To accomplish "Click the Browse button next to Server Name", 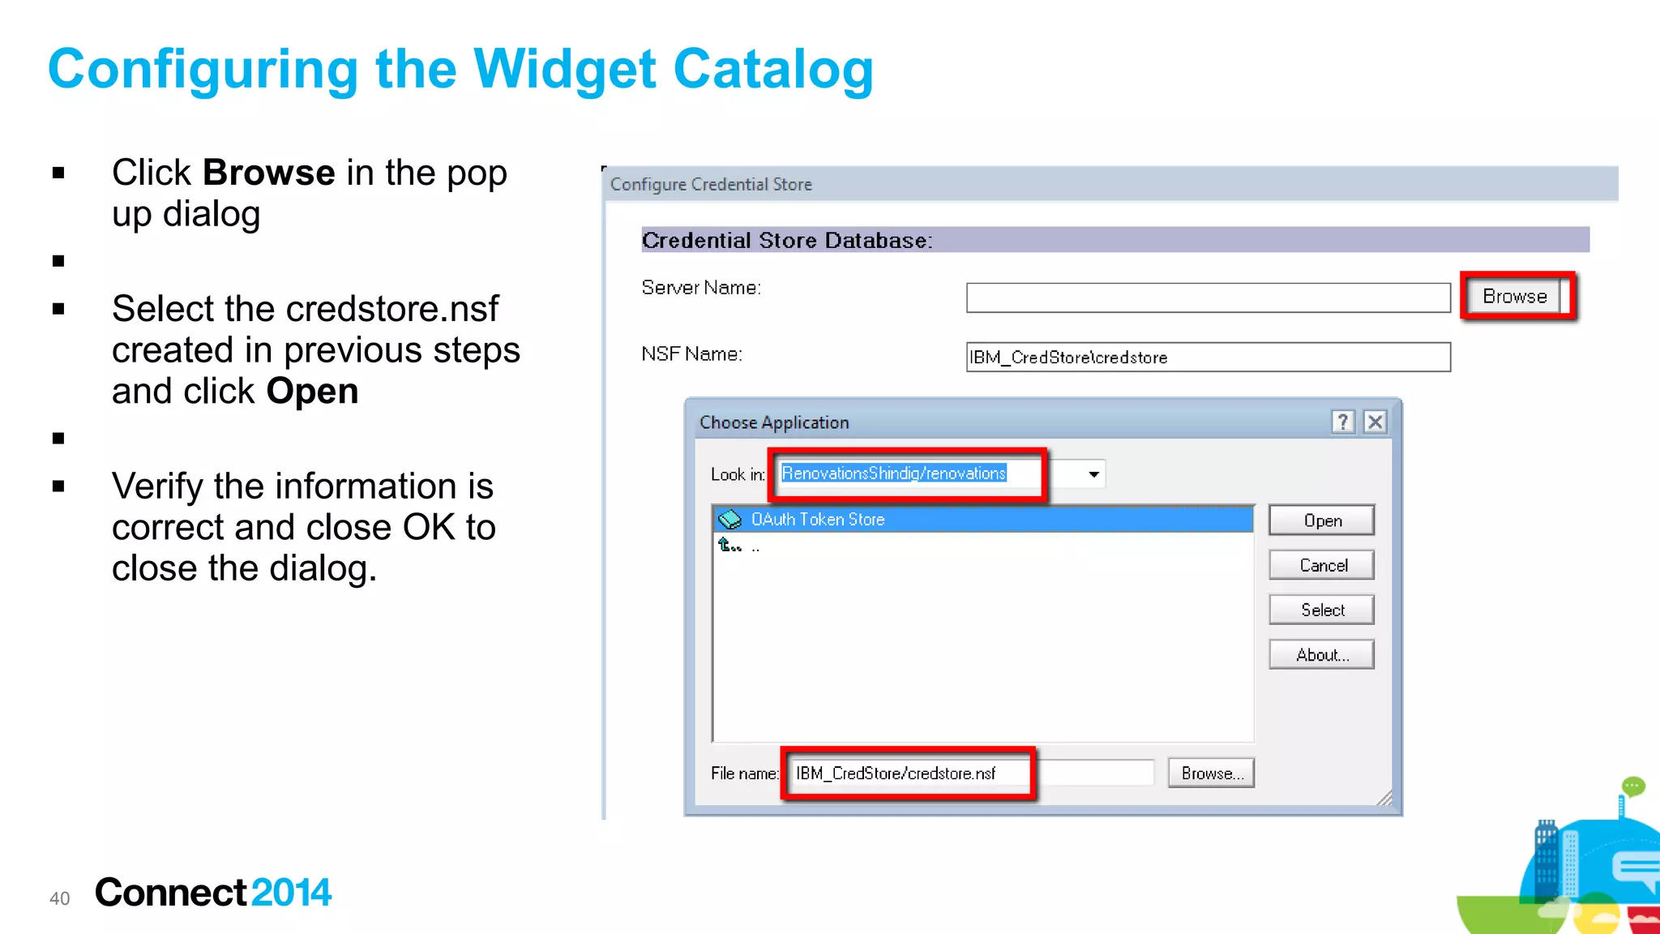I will [1514, 297].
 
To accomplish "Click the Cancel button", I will [1322, 565].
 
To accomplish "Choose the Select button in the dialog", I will [1322, 610].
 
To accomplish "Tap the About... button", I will [1322, 655].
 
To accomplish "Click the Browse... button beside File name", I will [1211, 773].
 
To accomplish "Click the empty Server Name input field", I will [1208, 298].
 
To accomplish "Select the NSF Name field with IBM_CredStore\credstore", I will [1208, 358].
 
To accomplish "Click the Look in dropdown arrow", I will [1093, 474].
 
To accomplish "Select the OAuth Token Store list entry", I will [818, 520].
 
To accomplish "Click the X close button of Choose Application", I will [1375, 422].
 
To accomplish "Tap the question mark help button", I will [1343, 422].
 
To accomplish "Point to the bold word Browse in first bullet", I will [268, 173].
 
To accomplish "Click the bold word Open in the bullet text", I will [312, 392].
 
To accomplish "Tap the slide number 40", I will [60, 898].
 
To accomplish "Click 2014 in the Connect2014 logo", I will [291, 893].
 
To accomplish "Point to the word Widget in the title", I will [564, 70].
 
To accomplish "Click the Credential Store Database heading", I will [787, 241].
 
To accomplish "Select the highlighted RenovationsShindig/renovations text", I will [893, 473].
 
